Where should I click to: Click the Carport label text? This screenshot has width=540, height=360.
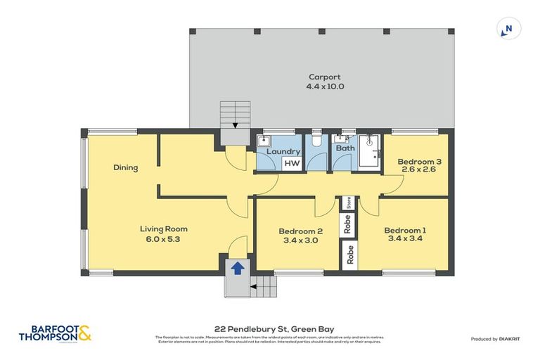[x=324, y=77]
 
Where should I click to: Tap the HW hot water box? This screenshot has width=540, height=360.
[x=292, y=163]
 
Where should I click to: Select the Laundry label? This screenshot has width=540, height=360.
[x=284, y=151]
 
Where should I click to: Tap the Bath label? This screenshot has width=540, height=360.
[x=345, y=148]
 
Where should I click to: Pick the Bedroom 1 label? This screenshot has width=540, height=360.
[x=404, y=230]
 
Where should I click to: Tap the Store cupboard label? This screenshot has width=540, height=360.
[x=347, y=204]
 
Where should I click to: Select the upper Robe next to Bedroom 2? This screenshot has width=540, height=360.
[x=347, y=224]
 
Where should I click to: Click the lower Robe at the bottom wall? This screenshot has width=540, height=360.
[x=347, y=255]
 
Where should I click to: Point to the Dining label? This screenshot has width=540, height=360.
[x=126, y=167]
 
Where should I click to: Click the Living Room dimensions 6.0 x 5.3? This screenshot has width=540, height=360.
[x=163, y=239]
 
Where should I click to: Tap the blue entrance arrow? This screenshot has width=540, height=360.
[x=238, y=268]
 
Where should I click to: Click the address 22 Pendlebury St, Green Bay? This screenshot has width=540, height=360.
[x=269, y=328]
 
